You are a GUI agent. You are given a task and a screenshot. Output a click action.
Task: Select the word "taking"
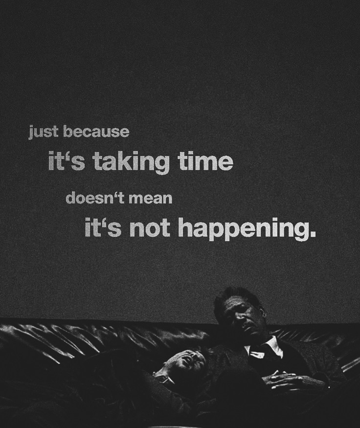click(131, 162)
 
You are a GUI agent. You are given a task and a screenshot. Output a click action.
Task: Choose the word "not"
click(149, 228)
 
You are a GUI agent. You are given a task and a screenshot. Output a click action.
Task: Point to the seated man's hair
click(235, 296)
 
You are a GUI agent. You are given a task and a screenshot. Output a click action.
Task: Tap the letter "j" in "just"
click(31, 133)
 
